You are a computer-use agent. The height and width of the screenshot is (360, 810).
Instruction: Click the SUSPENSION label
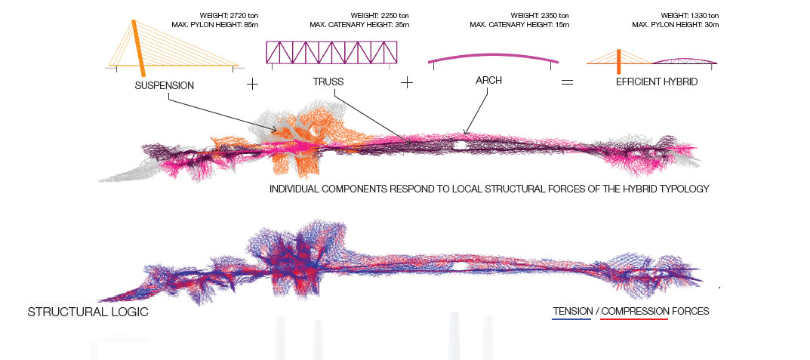(x=165, y=86)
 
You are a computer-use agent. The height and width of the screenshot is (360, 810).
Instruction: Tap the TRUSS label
(x=328, y=82)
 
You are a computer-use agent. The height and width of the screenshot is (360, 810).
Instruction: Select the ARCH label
(x=488, y=81)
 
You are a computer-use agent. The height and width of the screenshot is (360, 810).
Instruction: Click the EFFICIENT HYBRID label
(x=657, y=82)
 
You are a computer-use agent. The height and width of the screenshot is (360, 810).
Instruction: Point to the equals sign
(x=567, y=82)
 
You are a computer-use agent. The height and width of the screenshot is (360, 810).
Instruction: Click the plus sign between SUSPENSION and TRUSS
(x=252, y=83)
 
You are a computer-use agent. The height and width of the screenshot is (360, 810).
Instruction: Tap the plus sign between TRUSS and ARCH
(x=407, y=82)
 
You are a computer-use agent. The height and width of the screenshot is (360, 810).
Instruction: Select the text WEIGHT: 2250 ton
(x=380, y=16)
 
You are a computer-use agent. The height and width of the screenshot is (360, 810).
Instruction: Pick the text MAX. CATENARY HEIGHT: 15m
(x=519, y=24)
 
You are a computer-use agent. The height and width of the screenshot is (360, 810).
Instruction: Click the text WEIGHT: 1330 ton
(x=690, y=16)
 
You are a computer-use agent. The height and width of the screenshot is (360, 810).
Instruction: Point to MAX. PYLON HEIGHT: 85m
(x=211, y=24)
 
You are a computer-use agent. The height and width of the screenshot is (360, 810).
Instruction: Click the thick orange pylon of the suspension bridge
(x=138, y=48)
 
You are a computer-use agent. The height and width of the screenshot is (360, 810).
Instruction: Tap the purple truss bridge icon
(x=331, y=52)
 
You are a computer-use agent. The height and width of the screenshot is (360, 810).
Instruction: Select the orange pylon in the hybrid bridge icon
(x=619, y=61)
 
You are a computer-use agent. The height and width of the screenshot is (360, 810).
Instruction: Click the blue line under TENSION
(x=571, y=319)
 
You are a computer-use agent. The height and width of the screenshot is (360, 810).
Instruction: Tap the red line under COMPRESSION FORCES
(x=634, y=319)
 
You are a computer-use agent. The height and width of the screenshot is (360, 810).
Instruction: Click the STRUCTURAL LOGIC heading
(x=88, y=312)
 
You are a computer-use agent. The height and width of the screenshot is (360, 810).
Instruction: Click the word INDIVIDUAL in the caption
(x=294, y=189)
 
